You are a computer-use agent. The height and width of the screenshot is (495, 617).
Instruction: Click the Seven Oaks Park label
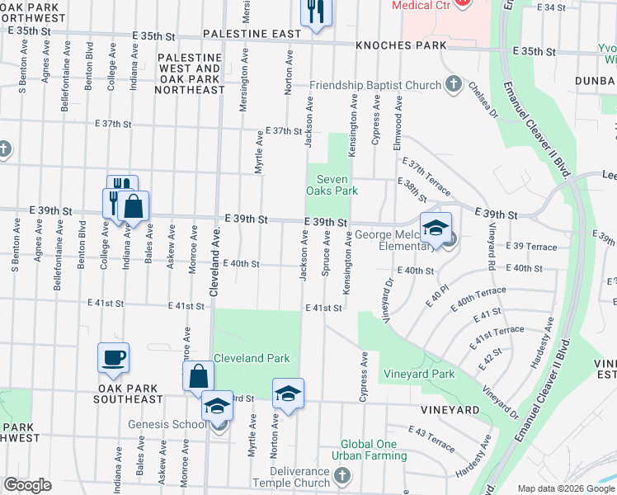coord(332,185)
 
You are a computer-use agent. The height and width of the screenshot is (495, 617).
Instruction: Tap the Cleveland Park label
coord(252,359)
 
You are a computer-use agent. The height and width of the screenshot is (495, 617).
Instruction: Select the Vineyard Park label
coord(419,374)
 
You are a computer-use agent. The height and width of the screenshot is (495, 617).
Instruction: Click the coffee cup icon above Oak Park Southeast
coord(114,357)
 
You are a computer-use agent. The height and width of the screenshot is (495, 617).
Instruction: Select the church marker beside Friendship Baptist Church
coord(453,84)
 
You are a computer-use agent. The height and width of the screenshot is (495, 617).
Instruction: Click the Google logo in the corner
coord(28,485)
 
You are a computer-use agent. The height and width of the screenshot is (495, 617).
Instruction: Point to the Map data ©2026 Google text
coord(565,488)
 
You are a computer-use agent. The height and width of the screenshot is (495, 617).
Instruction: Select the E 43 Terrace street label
coord(432,437)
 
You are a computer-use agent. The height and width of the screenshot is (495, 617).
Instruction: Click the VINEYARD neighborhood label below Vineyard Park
coord(449,410)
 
